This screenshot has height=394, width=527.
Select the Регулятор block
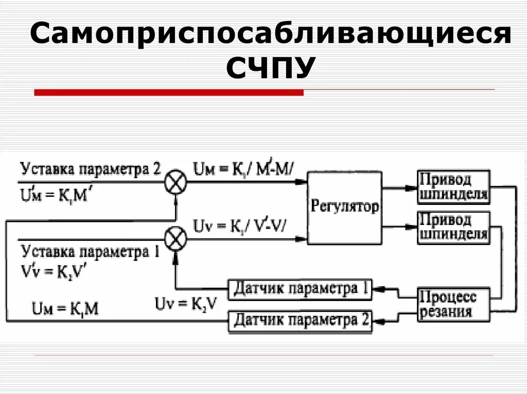[345, 207]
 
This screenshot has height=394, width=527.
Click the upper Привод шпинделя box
[453, 187]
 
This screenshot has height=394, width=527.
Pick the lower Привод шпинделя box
[453, 227]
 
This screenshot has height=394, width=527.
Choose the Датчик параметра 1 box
[300, 289]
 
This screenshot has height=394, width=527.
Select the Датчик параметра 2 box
[300, 321]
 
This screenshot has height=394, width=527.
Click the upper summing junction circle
[175, 183]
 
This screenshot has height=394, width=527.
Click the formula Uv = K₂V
[186, 303]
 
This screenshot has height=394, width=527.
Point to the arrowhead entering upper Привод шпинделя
[414, 187]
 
